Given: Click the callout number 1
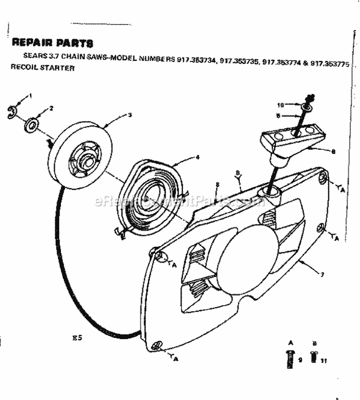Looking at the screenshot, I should point(31,96).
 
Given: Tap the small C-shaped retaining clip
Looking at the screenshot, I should point(12,113).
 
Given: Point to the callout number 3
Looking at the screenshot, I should point(130,115).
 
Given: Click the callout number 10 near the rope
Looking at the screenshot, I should point(281,105).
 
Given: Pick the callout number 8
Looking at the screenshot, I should point(217,184).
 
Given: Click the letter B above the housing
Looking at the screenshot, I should point(238,173).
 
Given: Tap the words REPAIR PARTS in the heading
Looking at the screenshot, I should point(52,43).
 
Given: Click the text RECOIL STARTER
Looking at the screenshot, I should point(43,68).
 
